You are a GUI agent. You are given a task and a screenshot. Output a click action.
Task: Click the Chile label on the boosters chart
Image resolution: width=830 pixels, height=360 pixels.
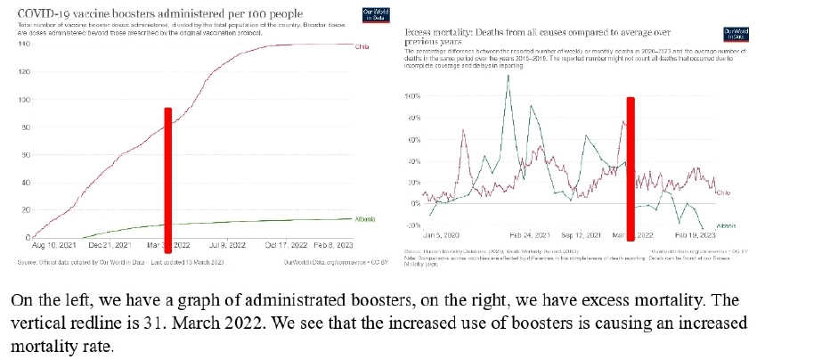[x=362, y=46]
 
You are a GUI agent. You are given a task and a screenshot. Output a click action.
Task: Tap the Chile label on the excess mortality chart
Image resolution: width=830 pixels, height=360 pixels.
[x=723, y=192]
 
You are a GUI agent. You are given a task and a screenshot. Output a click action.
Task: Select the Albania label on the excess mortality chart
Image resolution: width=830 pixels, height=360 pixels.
[x=726, y=226]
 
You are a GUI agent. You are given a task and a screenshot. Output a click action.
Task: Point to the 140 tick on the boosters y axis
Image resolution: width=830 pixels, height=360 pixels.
[x=24, y=44]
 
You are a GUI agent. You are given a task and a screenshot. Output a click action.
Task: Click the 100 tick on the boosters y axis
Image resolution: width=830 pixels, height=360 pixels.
[x=24, y=100]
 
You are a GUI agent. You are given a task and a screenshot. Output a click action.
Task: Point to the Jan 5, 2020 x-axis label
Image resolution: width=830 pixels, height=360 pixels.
[x=440, y=236]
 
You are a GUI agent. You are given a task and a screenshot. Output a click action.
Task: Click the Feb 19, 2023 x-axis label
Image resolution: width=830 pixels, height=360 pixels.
[x=695, y=236]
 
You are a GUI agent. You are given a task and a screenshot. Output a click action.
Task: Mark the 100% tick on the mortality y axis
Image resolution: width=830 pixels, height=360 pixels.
[x=411, y=95]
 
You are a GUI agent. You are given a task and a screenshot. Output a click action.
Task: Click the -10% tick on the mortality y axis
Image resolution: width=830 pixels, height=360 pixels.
[x=411, y=225]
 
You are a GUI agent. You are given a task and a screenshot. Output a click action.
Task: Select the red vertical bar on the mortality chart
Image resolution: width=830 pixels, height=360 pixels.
[x=631, y=165]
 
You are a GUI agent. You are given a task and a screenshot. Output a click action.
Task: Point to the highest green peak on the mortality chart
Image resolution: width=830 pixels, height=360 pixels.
[x=509, y=77]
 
